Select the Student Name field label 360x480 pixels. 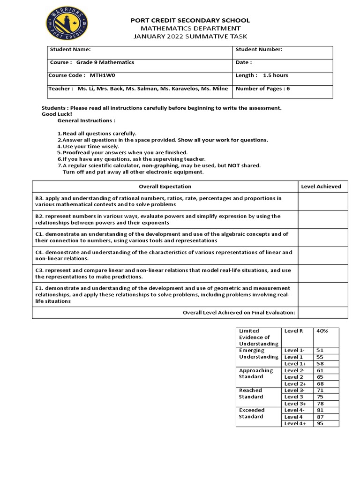coord(70,49)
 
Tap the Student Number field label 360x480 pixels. coord(259,49)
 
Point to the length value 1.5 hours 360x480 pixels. coord(276,75)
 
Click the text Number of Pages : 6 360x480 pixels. coord(262,88)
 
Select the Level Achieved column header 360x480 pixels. coord(321,186)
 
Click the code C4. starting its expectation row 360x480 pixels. coord(39,252)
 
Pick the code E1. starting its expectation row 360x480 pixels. coord(39,288)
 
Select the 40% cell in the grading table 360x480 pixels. coord(322,331)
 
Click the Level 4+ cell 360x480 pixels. coord(295,423)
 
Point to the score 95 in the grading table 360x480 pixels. coord(321,423)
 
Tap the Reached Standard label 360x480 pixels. coord(251,393)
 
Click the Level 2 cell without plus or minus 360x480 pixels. coord(293,377)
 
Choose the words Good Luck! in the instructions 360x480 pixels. coord(57,114)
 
